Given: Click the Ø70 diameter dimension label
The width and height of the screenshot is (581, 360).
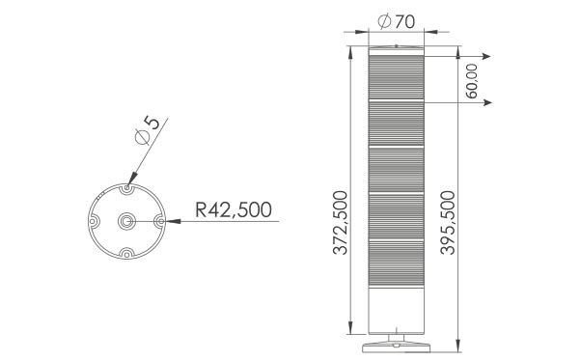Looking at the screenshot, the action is click(396, 21).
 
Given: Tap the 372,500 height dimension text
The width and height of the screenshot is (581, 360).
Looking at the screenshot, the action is click(340, 223).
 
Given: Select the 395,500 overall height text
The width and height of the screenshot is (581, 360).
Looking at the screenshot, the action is click(447, 223).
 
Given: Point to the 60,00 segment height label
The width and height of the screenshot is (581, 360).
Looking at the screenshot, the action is click(471, 81).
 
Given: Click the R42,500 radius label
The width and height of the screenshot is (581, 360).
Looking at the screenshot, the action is click(234, 209).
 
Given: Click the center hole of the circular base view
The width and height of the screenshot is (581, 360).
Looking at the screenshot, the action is click(126, 221).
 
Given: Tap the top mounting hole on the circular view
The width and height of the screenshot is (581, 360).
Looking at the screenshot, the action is click(127, 188).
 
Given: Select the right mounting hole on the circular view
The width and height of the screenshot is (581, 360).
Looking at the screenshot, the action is click(160, 221).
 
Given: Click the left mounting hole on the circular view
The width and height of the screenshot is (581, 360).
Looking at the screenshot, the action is click(93, 221).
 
